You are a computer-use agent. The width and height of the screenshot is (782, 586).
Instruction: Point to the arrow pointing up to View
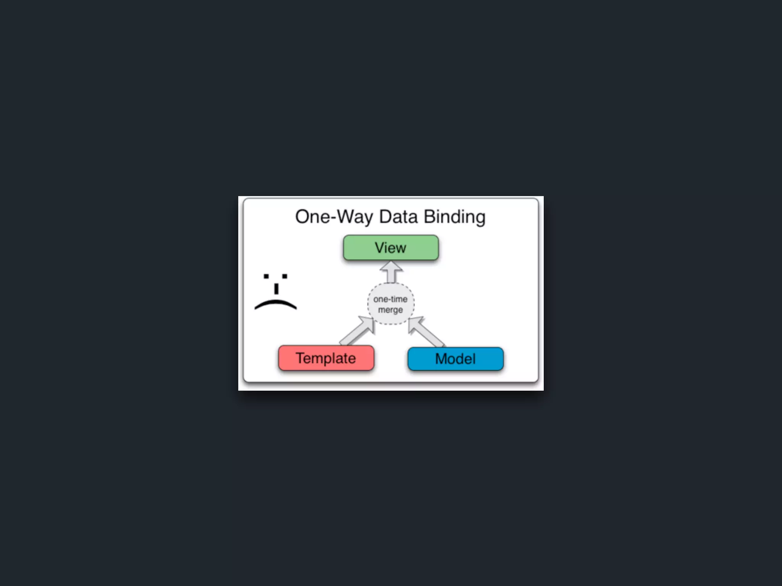tap(391, 271)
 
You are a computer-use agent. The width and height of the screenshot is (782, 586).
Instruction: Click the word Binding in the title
tap(454, 217)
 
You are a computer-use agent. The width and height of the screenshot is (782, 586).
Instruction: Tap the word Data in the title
tap(398, 217)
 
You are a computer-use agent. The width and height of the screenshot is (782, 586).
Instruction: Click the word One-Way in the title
tap(334, 217)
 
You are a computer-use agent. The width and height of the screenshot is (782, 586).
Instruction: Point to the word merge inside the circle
tap(390, 309)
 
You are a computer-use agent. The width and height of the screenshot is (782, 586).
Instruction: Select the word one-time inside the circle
tap(390, 299)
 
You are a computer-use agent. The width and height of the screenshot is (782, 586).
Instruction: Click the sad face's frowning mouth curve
tap(275, 304)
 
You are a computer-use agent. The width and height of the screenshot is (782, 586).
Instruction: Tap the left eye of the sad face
tap(266, 276)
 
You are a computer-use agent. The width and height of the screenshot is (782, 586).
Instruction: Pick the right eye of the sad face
tap(284, 276)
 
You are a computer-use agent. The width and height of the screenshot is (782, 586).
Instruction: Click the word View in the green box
tap(390, 248)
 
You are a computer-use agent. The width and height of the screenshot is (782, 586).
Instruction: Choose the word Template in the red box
tap(326, 358)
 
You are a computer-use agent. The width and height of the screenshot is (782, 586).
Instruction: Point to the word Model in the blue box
tap(455, 359)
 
